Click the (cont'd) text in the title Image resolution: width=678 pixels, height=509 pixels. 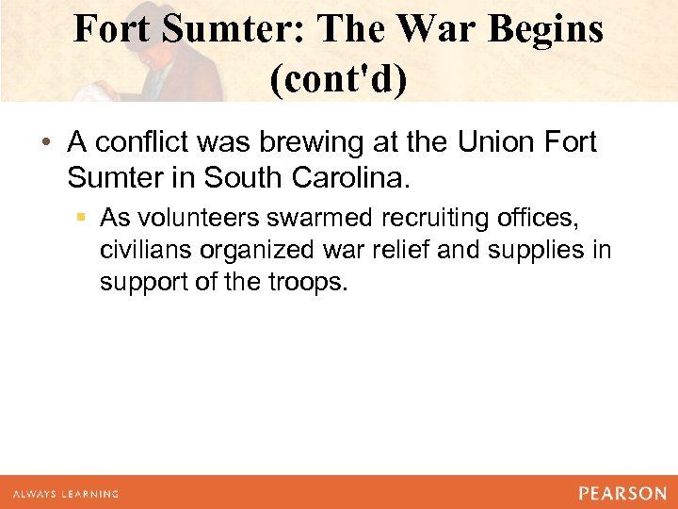point(339,80)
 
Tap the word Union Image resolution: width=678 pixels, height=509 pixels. point(497,143)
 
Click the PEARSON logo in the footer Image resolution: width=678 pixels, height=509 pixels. point(621,493)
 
